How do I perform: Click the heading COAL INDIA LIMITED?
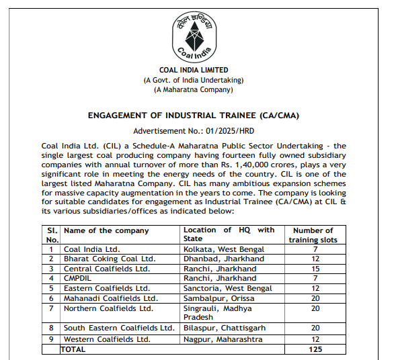coord(194,70)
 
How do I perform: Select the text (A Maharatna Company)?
coord(194,89)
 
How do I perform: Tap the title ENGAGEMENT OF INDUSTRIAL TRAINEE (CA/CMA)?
coord(194,116)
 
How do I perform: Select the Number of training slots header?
coord(313,234)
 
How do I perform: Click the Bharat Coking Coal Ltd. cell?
coord(109,259)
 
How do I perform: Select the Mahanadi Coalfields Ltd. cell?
coord(110,298)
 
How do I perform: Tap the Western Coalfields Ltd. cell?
coord(107,339)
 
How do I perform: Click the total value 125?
coord(313,349)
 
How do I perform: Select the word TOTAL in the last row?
coord(75,349)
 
